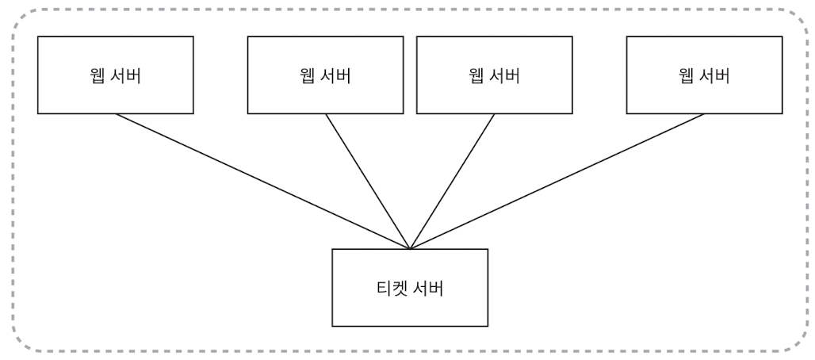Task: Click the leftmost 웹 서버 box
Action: pos(116,75)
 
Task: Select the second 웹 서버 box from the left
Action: pos(326,75)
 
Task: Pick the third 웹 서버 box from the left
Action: pos(494,75)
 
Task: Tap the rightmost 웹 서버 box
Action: pos(704,75)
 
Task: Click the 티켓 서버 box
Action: pos(410,287)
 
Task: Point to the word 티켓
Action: pos(391,287)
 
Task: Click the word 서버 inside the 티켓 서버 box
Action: pos(428,287)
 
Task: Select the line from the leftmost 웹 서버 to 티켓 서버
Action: pos(262,181)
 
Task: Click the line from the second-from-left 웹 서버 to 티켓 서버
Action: pos(368,181)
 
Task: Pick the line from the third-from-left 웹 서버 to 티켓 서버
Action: pos(453,181)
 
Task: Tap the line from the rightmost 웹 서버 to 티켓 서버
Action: pos(557,181)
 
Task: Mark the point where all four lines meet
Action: pos(410,248)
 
